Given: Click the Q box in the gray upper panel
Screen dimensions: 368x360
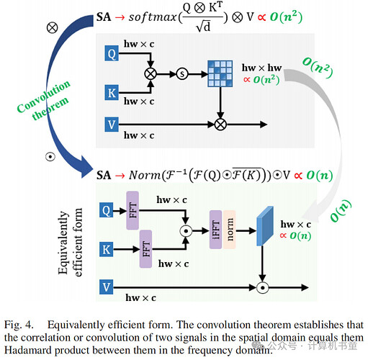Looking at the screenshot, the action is (x=112, y=53).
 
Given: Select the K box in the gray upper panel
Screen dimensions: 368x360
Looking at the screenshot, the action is (x=112, y=92).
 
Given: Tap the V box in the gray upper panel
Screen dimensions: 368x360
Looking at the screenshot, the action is (x=112, y=125).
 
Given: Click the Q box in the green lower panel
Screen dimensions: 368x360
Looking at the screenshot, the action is (x=107, y=210).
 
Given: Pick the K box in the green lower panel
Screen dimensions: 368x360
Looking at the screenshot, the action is (x=107, y=249).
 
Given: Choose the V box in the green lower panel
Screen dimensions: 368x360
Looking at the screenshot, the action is (x=107, y=287).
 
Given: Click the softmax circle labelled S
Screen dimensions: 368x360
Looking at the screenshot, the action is (x=182, y=73).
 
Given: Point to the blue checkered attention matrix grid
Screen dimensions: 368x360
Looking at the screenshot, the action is (x=220, y=73).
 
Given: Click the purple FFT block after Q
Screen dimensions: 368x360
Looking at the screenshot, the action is (x=133, y=210).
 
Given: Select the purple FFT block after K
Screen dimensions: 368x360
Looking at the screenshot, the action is (x=145, y=249).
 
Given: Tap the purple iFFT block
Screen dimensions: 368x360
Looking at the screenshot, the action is (x=215, y=230).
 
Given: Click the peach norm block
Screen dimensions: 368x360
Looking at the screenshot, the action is (x=230, y=230).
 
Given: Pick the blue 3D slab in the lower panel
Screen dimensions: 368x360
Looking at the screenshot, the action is (x=265, y=226).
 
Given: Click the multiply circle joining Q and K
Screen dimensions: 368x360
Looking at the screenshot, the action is (x=151, y=73).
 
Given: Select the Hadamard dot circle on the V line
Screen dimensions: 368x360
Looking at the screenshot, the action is (x=262, y=287).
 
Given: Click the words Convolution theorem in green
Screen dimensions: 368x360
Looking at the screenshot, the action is (x=44, y=100).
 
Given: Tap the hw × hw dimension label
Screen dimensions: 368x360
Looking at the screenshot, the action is (x=261, y=68).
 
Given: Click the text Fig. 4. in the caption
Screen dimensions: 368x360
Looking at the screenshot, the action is (x=19, y=325).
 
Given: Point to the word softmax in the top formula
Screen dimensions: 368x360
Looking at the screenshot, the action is (x=153, y=17).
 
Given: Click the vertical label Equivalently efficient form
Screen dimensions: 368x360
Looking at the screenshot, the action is (x=70, y=243).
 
